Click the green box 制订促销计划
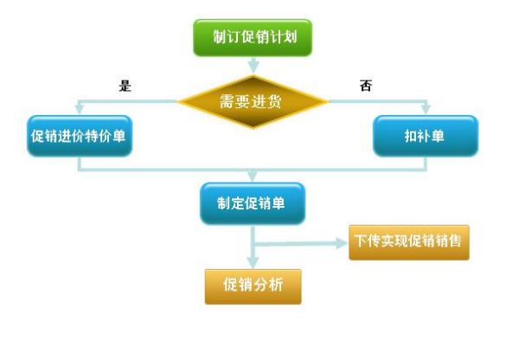(x=253, y=37)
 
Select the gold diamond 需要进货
(x=253, y=101)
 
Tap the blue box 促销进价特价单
(x=80, y=136)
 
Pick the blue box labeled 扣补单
(x=426, y=136)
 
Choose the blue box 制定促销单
(x=253, y=203)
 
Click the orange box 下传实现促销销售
(x=409, y=242)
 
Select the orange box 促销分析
(x=253, y=286)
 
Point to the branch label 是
(x=125, y=86)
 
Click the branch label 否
(x=366, y=86)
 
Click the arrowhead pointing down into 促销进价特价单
(x=80, y=108)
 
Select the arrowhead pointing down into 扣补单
(x=426, y=108)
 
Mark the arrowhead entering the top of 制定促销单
(x=253, y=176)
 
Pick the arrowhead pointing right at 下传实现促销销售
(x=342, y=243)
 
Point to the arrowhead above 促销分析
(x=253, y=262)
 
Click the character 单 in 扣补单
(x=438, y=136)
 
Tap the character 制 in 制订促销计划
(x=220, y=36)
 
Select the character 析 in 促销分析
(x=276, y=285)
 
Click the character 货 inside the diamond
(x=273, y=101)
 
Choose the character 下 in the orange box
(x=360, y=241)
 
